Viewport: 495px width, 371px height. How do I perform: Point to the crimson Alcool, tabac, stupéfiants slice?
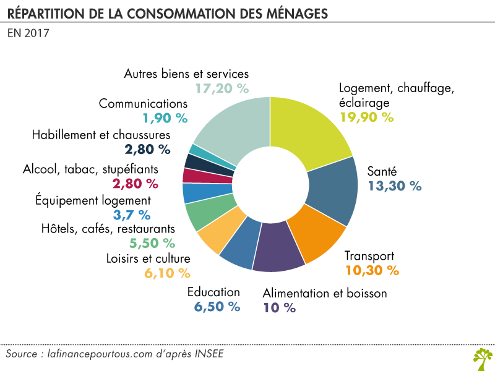(194, 175)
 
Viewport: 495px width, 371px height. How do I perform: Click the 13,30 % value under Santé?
(394, 185)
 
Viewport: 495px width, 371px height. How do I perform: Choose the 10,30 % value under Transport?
(371, 270)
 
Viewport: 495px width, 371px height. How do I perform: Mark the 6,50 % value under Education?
(216, 306)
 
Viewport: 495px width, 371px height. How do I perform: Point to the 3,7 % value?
(132, 215)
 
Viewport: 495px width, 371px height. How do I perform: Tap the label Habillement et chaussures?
(100, 135)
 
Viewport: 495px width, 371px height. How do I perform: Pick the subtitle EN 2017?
(28, 33)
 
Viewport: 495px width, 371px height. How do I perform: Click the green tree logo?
(482, 357)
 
